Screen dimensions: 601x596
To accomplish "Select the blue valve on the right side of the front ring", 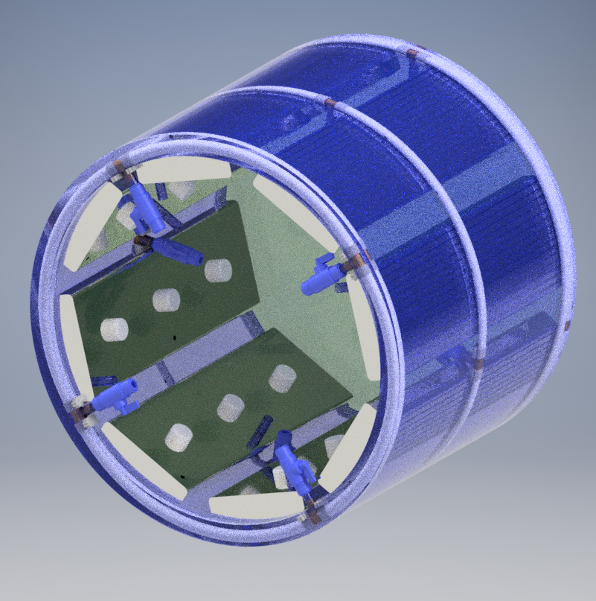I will (323, 276).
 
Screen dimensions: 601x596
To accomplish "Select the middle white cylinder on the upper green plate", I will (167, 299).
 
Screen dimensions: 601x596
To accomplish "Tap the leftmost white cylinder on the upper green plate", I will (115, 328).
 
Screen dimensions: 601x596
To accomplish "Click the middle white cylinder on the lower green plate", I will (230, 407).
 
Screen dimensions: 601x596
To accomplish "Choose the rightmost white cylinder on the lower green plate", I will (282, 378).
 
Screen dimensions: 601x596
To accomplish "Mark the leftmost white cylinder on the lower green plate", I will (178, 437).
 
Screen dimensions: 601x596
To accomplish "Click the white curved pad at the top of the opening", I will (184, 171).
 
